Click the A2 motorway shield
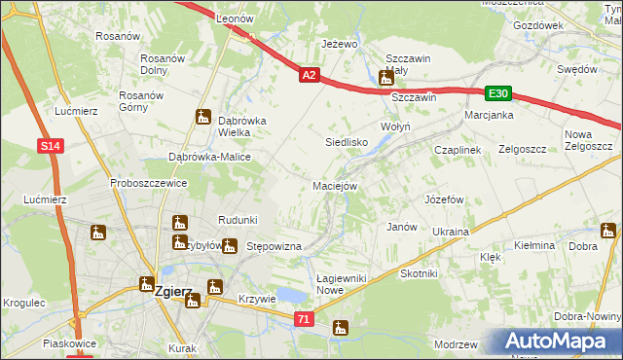coord(309,74)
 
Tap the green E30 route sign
coord(498,93)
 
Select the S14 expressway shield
coord(53,146)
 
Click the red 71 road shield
coord(306,318)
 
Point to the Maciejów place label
coord(336,186)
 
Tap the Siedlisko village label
coord(346,142)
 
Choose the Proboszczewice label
coord(148,183)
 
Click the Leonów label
coord(235,18)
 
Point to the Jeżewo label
coord(341,44)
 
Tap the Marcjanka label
coord(489,115)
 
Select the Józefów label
coord(443,198)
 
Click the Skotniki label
coord(420,274)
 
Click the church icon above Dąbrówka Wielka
coord(203,116)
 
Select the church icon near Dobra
coord(608,231)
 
